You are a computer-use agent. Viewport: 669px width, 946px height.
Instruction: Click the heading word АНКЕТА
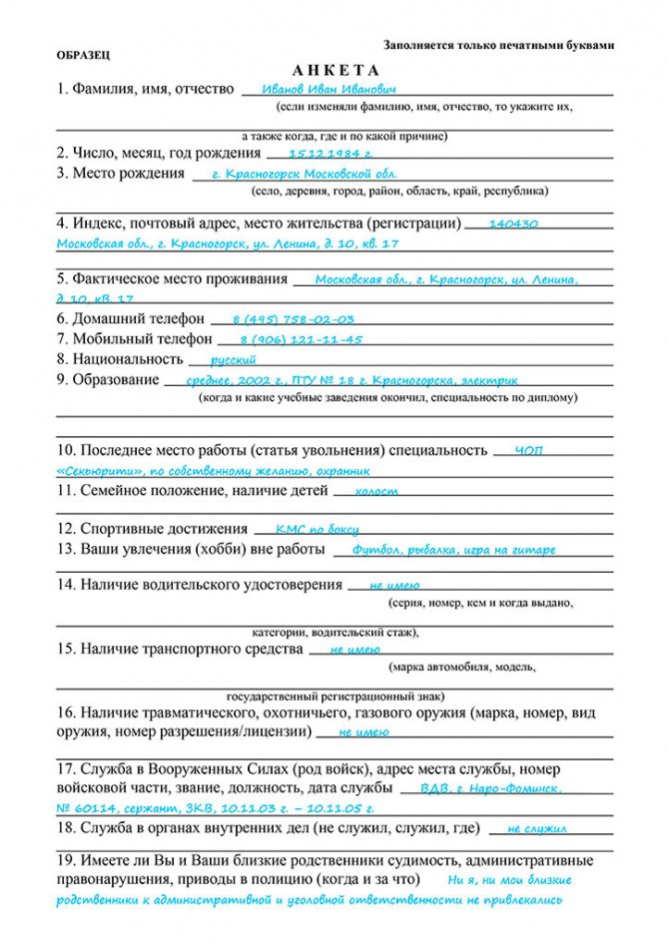point(336,70)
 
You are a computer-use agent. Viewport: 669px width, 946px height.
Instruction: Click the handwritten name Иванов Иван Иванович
point(314,89)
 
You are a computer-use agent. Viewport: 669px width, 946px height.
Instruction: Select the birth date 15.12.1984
point(330,154)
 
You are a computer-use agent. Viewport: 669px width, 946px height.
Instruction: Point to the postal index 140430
point(514,224)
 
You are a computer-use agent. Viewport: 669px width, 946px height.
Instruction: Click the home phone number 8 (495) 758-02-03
point(293,319)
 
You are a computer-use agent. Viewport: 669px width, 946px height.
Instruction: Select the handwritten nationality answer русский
point(233,359)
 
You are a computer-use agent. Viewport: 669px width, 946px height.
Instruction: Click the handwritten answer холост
point(376,491)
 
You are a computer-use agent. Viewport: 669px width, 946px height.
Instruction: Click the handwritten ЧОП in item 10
point(529,451)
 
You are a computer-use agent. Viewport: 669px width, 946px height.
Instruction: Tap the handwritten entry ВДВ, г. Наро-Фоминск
point(500,788)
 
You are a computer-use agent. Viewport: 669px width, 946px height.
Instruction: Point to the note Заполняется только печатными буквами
point(498,46)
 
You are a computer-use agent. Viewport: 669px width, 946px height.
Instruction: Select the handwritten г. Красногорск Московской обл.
point(297,174)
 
